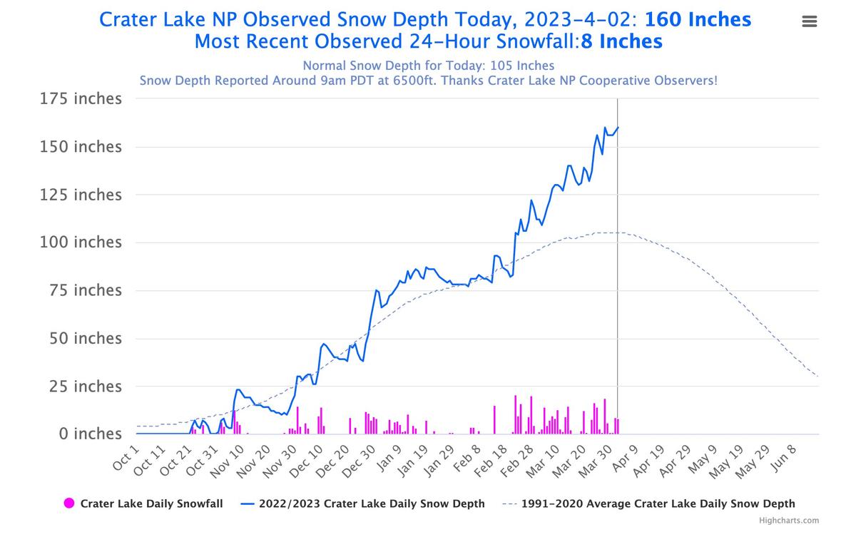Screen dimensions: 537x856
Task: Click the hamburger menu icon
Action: tap(809, 21)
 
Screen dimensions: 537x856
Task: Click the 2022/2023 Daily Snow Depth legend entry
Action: tap(371, 503)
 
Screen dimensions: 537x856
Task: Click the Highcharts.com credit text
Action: tap(789, 521)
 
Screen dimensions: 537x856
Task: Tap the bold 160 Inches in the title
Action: tap(698, 19)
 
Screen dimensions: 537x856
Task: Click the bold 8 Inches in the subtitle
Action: tap(622, 41)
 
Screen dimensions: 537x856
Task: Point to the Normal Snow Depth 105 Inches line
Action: tap(428, 66)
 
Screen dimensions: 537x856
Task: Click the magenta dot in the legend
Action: tap(70, 503)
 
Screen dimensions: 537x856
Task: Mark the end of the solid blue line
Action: tap(618, 128)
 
